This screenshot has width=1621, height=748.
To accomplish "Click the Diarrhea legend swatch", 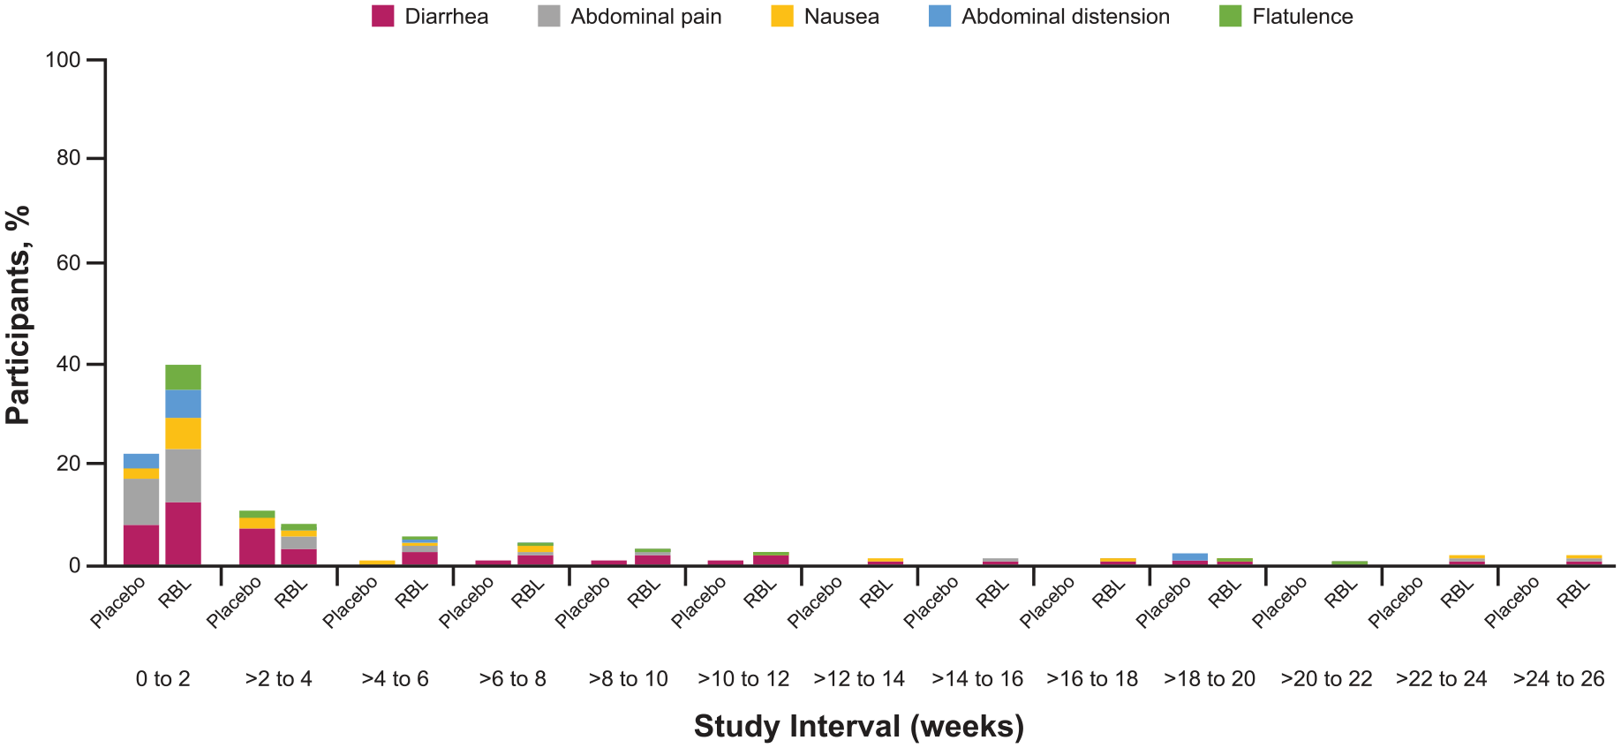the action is pyautogui.click(x=382, y=16).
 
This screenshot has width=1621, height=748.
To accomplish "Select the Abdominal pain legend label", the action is pyautogui.click(x=646, y=17).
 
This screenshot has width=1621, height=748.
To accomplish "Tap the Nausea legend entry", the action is pyautogui.click(x=825, y=17).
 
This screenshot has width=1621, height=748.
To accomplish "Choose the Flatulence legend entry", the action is pyautogui.click(x=1286, y=17).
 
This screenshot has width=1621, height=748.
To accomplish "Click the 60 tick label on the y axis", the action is pyautogui.click(x=69, y=263).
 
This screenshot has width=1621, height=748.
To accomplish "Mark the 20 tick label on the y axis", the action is pyautogui.click(x=69, y=465).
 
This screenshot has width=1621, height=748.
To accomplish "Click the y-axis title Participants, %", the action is pyautogui.click(x=18, y=315).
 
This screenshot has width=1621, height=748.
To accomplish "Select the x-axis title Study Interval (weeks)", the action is pyautogui.click(x=859, y=726).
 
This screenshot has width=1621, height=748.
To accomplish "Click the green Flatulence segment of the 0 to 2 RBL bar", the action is pyautogui.click(x=183, y=377).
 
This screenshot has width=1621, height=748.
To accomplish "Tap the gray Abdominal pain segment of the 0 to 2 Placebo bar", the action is pyautogui.click(x=141, y=502).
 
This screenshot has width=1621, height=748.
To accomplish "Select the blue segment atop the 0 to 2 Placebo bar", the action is pyautogui.click(x=141, y=461).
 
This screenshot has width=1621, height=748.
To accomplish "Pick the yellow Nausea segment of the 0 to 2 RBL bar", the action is pyautogui.click(x=183, y=434).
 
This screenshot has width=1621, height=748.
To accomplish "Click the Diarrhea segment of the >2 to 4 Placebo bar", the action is pyautogui.click(x=257, y=547).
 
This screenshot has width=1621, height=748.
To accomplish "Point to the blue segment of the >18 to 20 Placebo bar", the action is pyautogui.click(x=1190, y=557).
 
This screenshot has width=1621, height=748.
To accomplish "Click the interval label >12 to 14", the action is pyautogui.click(x=859, y=679).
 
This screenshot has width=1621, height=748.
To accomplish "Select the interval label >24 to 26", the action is pyautogui.click(x=1558, y=679).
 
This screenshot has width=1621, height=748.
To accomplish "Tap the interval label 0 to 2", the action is pyautogui.click(x=163, y=679).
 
